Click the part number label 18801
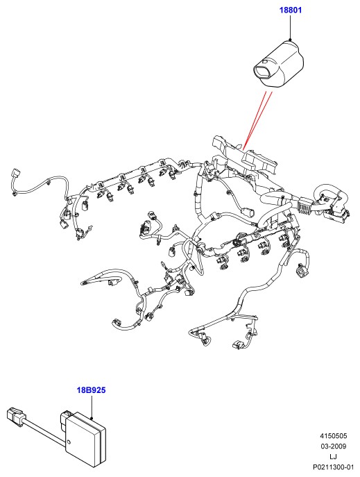pyautogui.click(x=291, y=10)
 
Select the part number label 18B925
pyautogui.click(x=91, y=390)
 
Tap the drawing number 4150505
pyautogui.click(x=333, y=435)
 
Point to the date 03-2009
pyautogui.click(x=333, y=446)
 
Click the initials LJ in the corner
pyautogui.click(x=333, y=456)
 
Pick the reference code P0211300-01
pyautogui.click(x=334, y=467)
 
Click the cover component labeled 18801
pyautogui.click(x=278, y=65)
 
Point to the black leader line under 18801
pyautogui.click(x=291, y=27)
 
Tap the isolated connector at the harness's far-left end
pyautogui.click(x=15, y=174)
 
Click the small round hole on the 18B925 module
pyautogui.click(x=69, y=442)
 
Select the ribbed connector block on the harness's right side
pyautogui.click(x=305, y=206)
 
